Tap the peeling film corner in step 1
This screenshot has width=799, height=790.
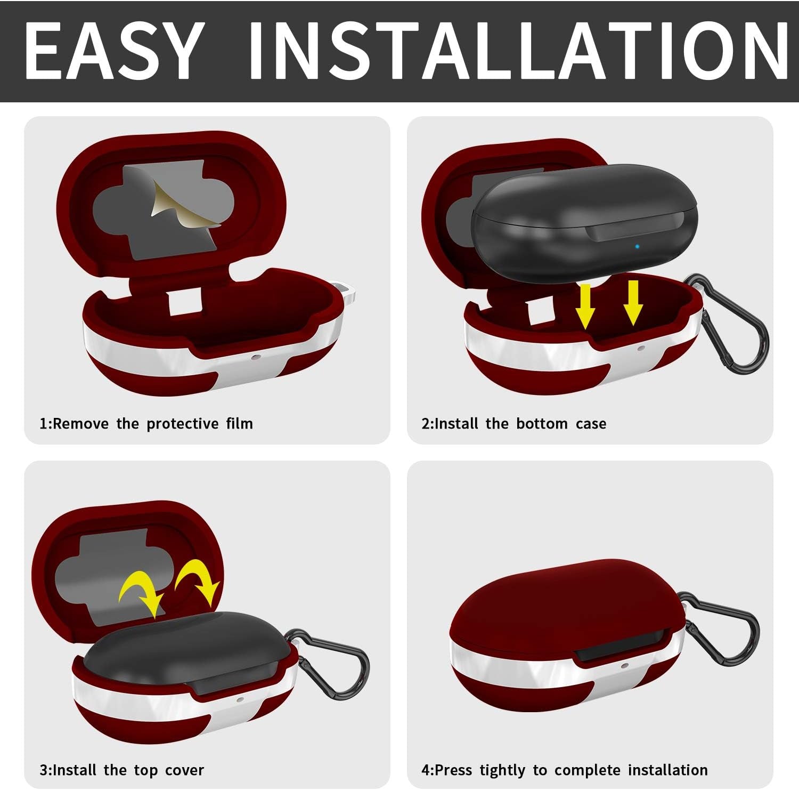click(186, 203)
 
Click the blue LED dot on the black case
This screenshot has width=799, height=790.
click(637, 247)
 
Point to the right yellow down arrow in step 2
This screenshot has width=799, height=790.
click(633, 302)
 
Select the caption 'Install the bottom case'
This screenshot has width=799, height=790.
click(520, 424)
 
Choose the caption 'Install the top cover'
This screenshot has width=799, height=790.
click(128, 770)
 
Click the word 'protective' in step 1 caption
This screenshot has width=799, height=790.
click(183, 424)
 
